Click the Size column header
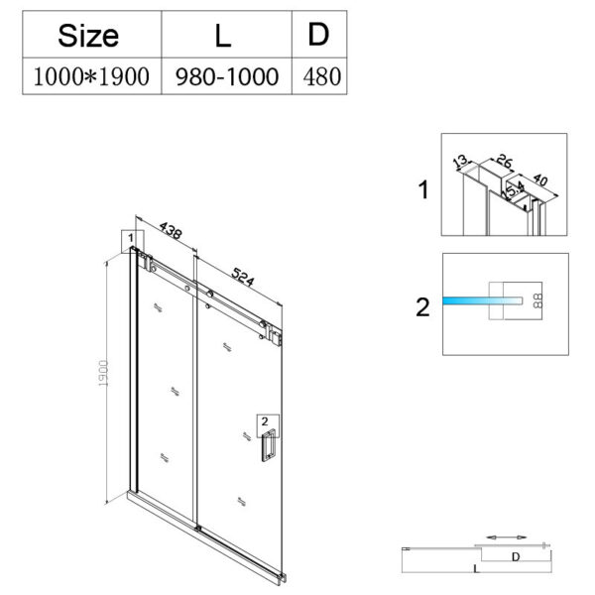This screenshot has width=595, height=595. (88, 37)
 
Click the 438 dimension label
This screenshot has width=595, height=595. (170, 232)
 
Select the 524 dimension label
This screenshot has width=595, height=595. (236, 277)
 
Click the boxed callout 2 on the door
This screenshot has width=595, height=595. (265, 420)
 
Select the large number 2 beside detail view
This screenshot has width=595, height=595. (423, 307)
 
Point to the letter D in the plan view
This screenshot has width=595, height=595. (515, 557)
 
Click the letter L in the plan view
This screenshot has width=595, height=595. (477, 571)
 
